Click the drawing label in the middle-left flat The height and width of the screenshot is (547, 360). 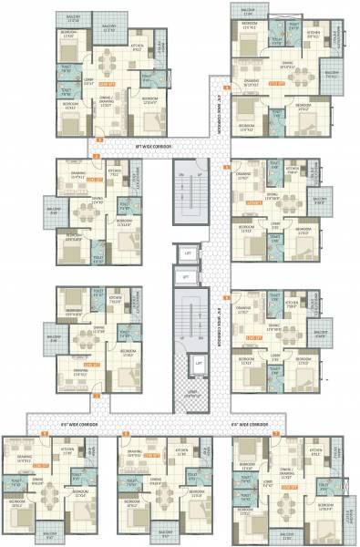click(77, 176)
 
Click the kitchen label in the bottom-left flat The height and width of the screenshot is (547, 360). click(67, 451)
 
